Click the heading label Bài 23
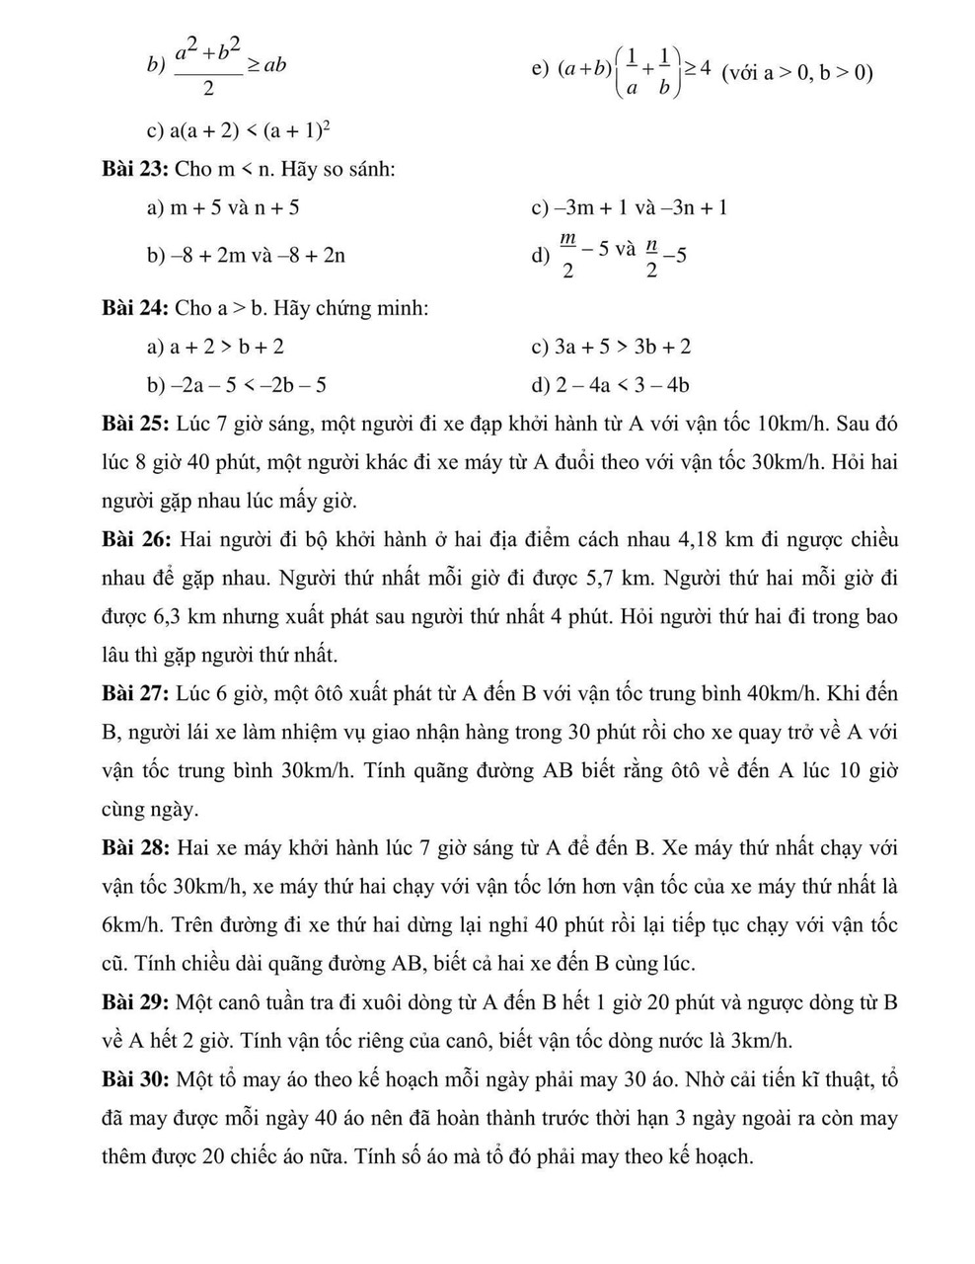pos(135,169)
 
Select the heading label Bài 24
pos(135,308)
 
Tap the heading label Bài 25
pos(135,424)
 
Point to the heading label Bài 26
pos(135,539)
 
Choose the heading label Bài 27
pos(135,693)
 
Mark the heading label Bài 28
pos(135,847)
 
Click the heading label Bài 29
pos(135,1002)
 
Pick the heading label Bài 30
pos(135,1079)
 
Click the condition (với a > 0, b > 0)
pos(797,72)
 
